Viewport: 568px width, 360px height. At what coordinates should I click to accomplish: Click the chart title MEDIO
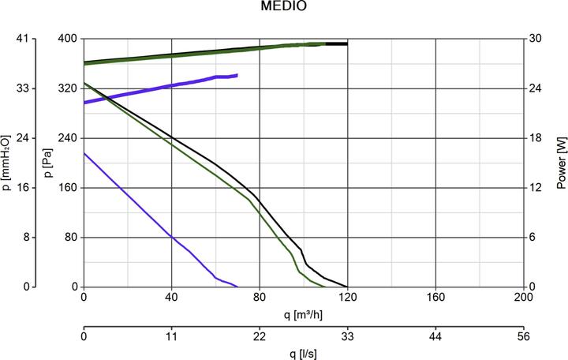tap(284, 7)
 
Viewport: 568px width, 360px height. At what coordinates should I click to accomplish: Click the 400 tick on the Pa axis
tap(67, 39)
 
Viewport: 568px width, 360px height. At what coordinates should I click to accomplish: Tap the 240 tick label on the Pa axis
tap(67, 138)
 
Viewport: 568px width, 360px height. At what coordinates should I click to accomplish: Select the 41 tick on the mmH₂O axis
tap(21, 39)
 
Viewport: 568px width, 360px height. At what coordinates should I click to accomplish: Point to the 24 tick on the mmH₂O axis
tap(21, 138)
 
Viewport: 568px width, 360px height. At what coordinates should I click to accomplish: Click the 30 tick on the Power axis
tap(536, 39)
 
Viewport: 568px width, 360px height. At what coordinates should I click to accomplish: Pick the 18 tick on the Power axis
tap(536, 138)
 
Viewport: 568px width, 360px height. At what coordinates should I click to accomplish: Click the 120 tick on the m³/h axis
tap(347, 298)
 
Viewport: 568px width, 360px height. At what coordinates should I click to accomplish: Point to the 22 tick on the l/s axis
tap(259, 336)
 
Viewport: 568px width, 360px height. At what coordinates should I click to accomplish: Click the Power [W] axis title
tap(561, 163)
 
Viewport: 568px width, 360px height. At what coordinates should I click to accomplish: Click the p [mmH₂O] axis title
tap(6, 163)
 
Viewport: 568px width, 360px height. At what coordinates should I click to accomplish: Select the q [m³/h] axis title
tap(303, 314)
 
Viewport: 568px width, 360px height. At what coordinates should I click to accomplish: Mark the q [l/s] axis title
tap(303, 353)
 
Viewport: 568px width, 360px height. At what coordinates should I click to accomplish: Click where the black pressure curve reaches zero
tap(347, 287)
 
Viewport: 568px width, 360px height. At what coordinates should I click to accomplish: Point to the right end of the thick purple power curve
tap(237, 76)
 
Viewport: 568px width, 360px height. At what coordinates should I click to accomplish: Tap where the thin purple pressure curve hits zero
tap(237, 287)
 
